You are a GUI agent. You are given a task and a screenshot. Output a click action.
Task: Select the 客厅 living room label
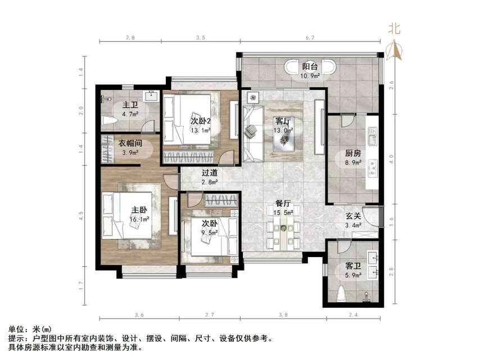[x=283, y=121]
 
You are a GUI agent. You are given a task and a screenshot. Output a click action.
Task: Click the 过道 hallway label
[x=210, y=174]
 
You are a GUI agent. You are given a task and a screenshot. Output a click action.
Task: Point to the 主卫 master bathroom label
[x=130, y=105]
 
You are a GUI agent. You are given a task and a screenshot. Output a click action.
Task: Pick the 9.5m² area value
[x=210, y=233]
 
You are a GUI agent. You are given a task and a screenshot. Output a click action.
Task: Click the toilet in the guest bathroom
[x=343, y=295]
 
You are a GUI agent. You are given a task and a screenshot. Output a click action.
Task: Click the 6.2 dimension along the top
[x=311, y=38]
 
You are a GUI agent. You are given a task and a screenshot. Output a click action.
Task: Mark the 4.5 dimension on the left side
[x=81, y=214]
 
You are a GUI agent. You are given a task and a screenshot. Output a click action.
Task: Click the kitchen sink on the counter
[x=372, y=136]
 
